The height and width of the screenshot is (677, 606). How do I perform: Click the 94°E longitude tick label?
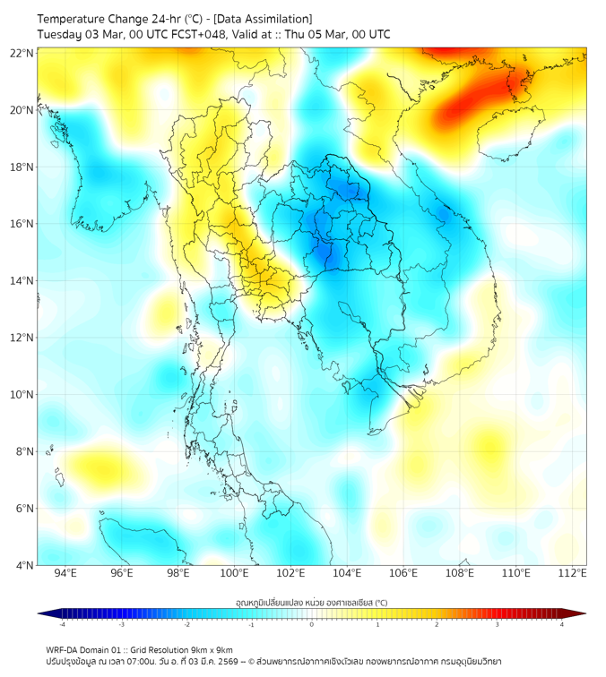click(65, 574)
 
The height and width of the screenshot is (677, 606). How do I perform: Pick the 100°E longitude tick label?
click(235, 574)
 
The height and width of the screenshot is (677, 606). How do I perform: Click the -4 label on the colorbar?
click(61, 624)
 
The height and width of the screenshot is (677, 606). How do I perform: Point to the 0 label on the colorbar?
click(312, 624)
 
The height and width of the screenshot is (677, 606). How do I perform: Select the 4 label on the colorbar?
click(562, 624)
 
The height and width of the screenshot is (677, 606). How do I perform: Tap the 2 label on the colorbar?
click(437, 624)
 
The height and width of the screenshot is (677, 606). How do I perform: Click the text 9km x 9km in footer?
click(211, 649)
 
